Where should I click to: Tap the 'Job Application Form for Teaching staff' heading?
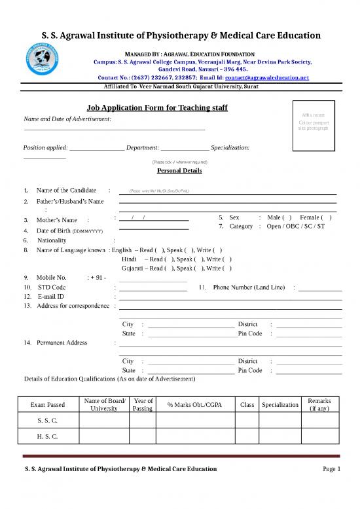156,107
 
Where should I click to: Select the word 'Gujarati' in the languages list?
133,268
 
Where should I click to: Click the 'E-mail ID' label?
51,296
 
